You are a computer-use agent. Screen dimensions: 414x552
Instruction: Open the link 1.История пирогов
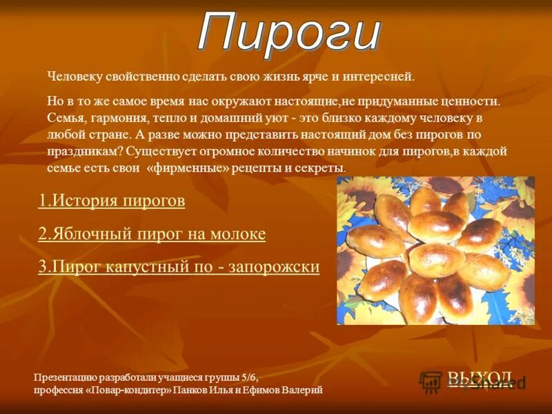pos(112,201)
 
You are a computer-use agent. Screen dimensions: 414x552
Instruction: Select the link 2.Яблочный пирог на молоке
pos(152,234)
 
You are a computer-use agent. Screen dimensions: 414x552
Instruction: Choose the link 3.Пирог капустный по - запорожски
pos(179,267)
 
